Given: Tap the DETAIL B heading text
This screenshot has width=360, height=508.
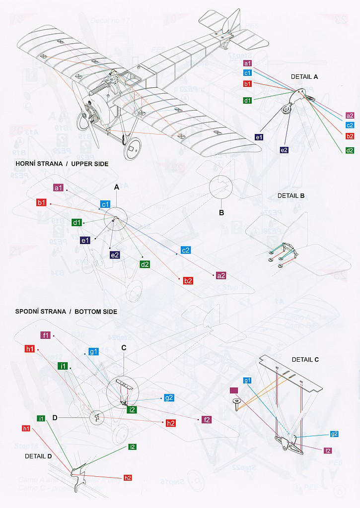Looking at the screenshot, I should point(291,195).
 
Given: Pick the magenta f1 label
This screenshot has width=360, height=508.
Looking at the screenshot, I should point(46,335).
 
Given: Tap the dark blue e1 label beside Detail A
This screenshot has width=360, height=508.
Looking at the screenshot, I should point(259,137).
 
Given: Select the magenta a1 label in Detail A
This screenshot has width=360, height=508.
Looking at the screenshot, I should point(248,63).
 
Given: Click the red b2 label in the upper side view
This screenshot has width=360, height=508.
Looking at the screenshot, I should point(188,281).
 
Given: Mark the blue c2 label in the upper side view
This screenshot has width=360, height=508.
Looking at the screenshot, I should point(186,251).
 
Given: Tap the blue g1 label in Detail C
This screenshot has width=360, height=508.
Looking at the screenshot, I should point(248,381).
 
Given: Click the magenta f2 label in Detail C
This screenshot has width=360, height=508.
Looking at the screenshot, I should point(328,450).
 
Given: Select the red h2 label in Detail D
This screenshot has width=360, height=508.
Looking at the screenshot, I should point(128,477).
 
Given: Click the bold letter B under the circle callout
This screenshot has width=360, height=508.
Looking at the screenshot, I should point(222,213).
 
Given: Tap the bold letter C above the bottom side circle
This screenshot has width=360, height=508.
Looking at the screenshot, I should point(124,348).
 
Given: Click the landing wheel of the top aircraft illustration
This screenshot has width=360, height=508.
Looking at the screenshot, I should point(133,148).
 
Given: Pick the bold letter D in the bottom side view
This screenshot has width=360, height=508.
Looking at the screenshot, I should point(55,418).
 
